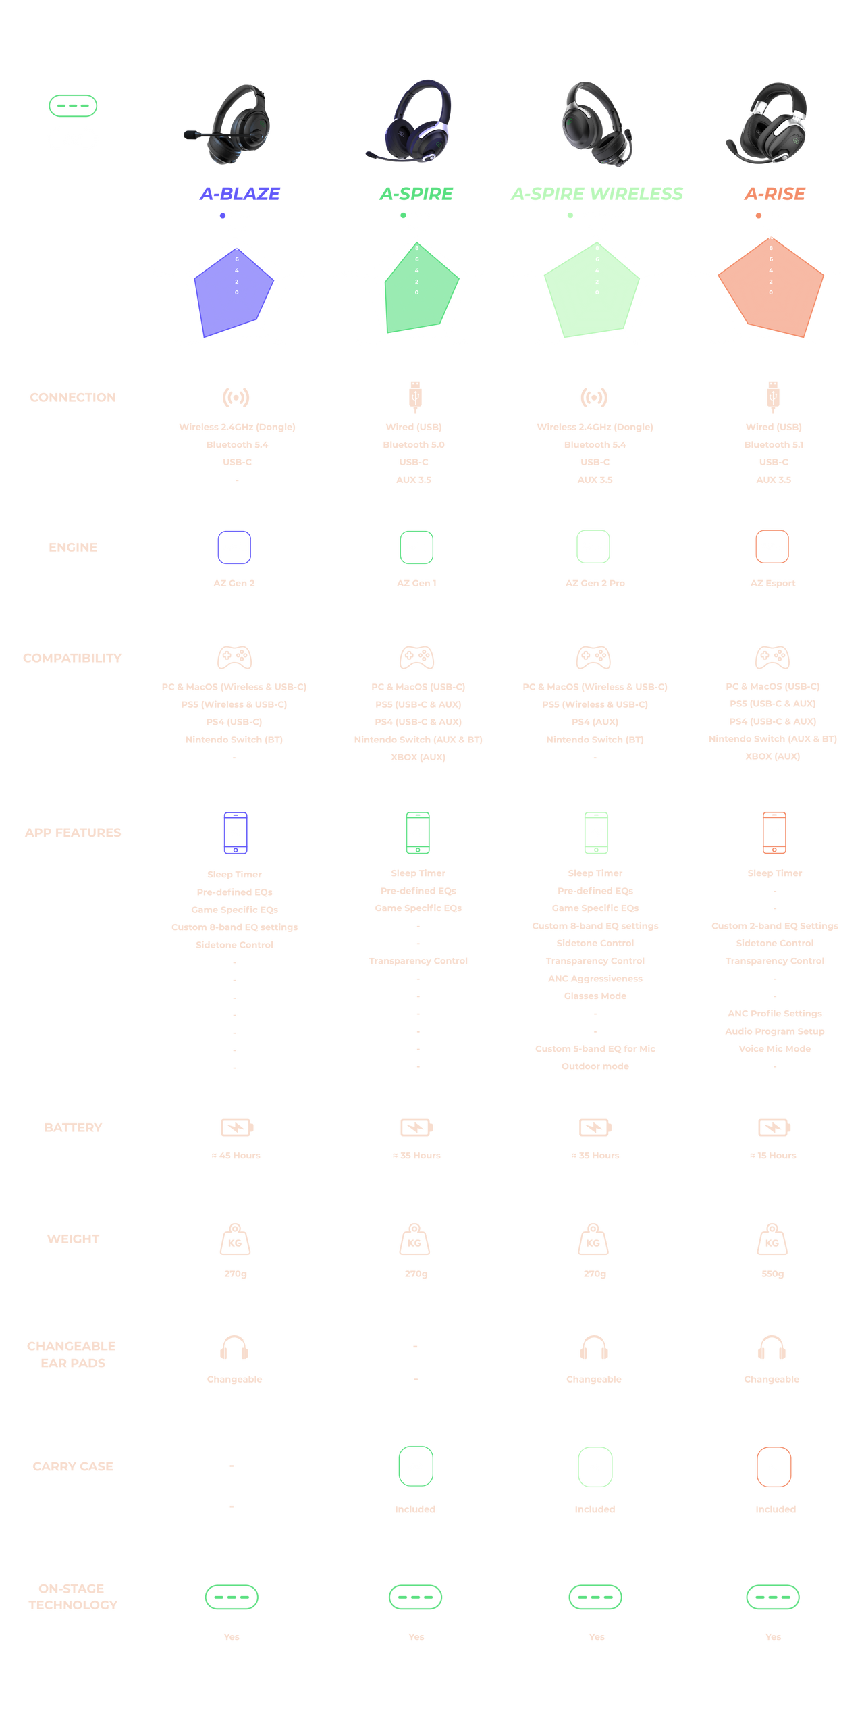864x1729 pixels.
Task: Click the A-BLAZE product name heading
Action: [240, 194]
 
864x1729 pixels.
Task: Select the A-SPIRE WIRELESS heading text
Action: [597, 194]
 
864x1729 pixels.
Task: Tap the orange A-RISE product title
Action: [774, 194]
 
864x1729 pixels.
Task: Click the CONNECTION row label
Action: [73, 397]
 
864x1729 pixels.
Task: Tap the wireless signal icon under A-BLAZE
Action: [236, 397]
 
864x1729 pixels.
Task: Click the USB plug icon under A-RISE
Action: [774, 396]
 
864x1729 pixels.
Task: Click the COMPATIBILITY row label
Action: [73, 658]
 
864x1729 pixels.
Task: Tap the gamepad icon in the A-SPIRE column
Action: [416, 657]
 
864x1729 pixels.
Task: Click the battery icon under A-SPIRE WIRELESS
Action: [595, 1127]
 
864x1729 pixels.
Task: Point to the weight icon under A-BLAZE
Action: [235, 1239]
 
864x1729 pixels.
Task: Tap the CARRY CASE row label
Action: [73, 1466]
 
